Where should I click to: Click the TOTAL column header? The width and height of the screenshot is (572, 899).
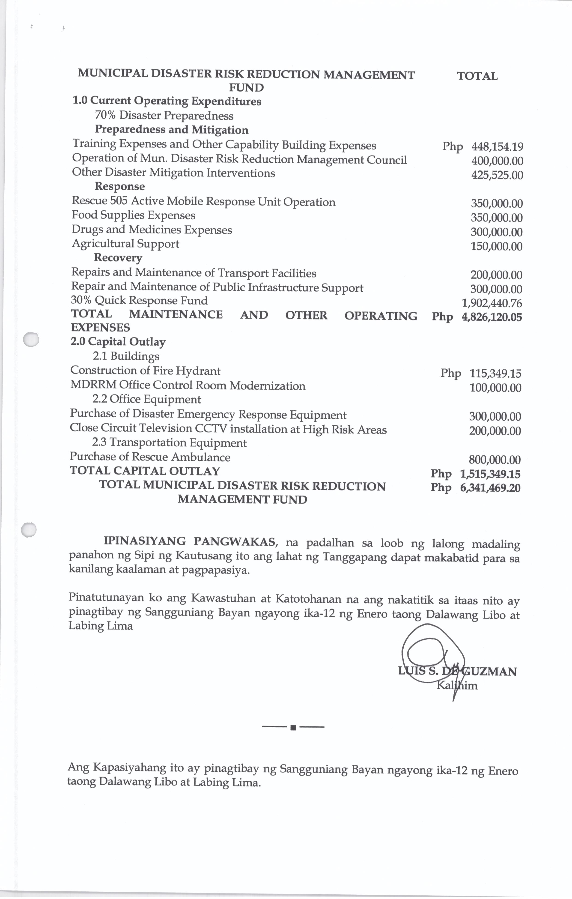[477, 77]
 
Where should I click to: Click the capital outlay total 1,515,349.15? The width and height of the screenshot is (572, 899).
[490, 474]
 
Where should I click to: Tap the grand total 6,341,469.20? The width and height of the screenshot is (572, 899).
[490, 488]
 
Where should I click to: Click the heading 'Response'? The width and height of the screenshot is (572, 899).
[119, 186]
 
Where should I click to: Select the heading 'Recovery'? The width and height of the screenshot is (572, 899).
[118, 258]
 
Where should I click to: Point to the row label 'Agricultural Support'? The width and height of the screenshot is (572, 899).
[125, 244]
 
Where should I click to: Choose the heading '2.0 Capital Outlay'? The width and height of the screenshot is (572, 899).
[118, 342]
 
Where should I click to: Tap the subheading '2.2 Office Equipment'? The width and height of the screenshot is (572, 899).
[147, 400]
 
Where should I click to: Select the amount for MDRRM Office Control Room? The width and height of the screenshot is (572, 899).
[495, 388]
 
